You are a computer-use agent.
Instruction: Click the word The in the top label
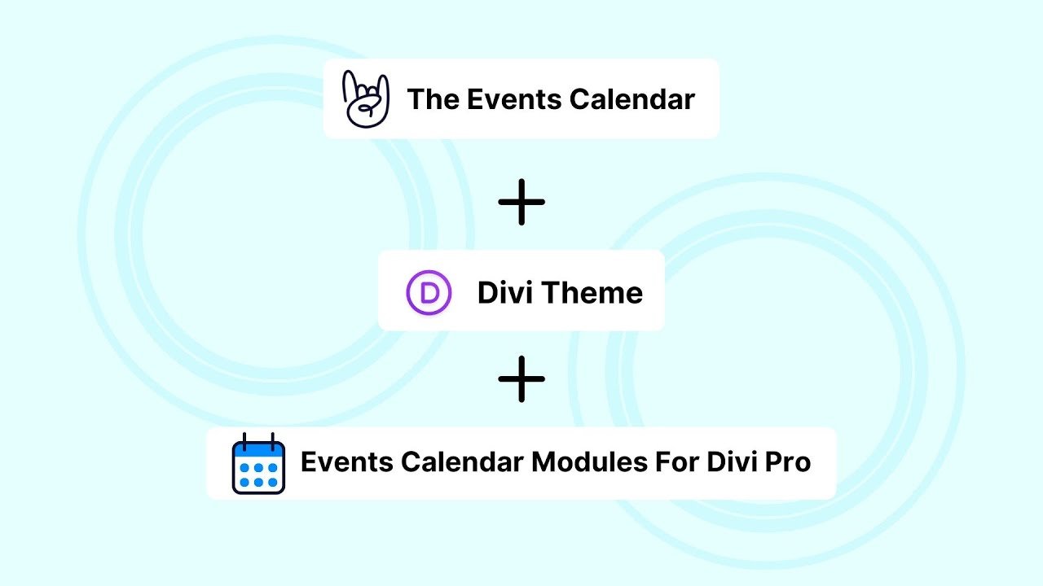(432, 99)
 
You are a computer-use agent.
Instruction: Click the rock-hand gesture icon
(364, 98)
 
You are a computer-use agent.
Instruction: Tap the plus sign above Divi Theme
(521, 202)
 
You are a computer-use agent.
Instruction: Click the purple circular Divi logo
(429, 292)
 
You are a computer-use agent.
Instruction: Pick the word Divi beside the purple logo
(505, 292)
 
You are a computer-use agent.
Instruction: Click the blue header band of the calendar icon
(258, 450)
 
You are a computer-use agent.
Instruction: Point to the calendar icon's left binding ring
(244, 440)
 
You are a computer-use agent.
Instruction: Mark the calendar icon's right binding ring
(272, 440)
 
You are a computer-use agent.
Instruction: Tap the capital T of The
(415, 99)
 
